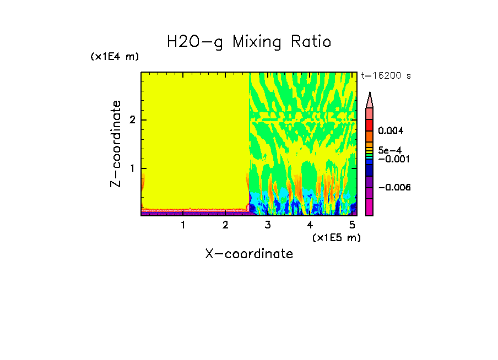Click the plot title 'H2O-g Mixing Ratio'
[x=249, y=42]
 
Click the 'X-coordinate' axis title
[x=249, y=254]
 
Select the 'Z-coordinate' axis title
[x=116, y=144]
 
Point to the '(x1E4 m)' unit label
[x=115, y=57]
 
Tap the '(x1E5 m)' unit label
[x=336, y=237]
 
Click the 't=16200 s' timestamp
[x=386, y=76]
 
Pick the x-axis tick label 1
[x=183, y=225]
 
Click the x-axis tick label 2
[x=225, y=225]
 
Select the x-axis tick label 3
[x=268, y=225]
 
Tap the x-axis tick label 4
[x=310, y=225]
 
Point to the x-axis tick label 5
[x=352, y=225]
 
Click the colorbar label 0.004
[x=391, y=131]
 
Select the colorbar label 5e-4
[x=389, y=150]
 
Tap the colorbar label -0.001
[x=393, y=159]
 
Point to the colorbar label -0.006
[x=395, y=188]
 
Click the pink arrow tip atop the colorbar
[x=370, y=100]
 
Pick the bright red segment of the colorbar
[x=370, y=124]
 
